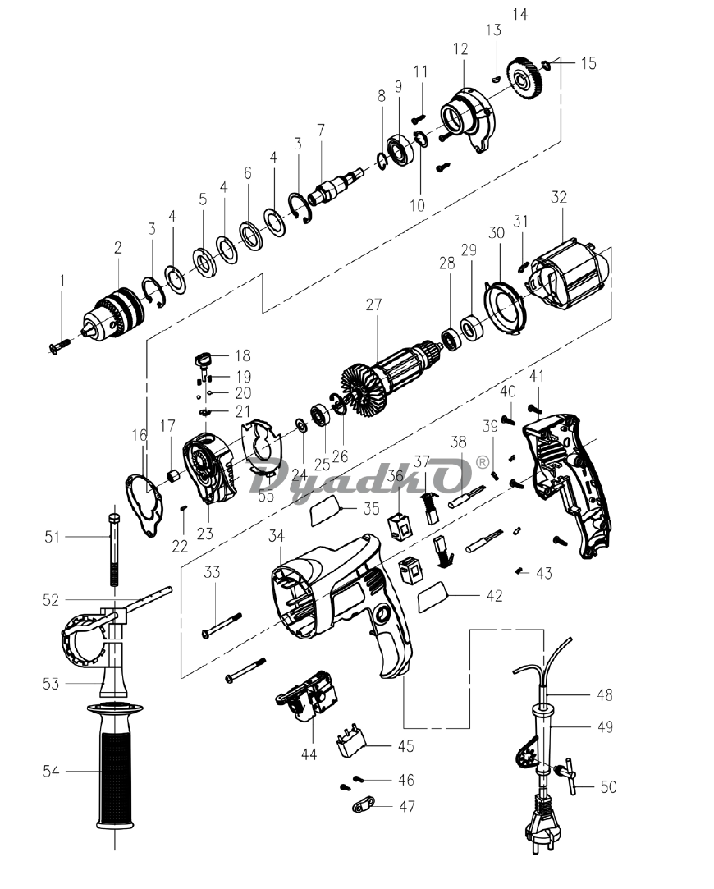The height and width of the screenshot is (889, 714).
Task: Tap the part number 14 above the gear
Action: [519, 14]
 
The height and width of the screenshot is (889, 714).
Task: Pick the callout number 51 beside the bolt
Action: [53, 536]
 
